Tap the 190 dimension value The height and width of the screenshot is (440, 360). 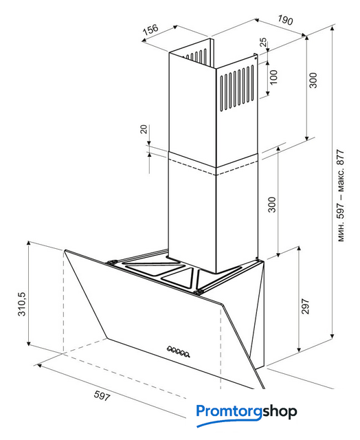coord(285,20)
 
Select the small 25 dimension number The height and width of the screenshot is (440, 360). coord(263,43)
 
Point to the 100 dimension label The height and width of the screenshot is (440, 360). coord(273,77)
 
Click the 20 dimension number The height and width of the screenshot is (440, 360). coord(144,129)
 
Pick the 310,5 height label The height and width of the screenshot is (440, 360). coord(22,304)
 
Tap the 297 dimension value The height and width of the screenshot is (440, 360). coord(305,306)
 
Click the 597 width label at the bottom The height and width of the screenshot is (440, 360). coord(102,395)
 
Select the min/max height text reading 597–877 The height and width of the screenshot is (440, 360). coord(340,195)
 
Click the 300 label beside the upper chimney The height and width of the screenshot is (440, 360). coord(313,80)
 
